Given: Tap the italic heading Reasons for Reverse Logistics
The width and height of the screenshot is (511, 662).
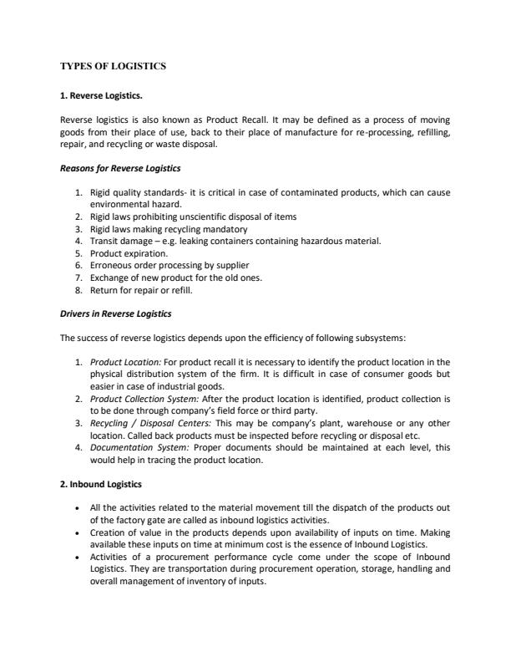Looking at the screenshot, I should pos(120,169).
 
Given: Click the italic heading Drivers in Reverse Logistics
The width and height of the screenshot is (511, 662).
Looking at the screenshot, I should pos(116,313).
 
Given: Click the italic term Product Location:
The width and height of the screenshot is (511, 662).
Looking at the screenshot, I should pos(125,363).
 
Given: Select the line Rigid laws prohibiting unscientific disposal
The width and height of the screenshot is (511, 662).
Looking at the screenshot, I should pos(193,216).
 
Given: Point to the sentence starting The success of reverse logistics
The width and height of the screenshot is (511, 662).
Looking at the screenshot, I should pos(254,339).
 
